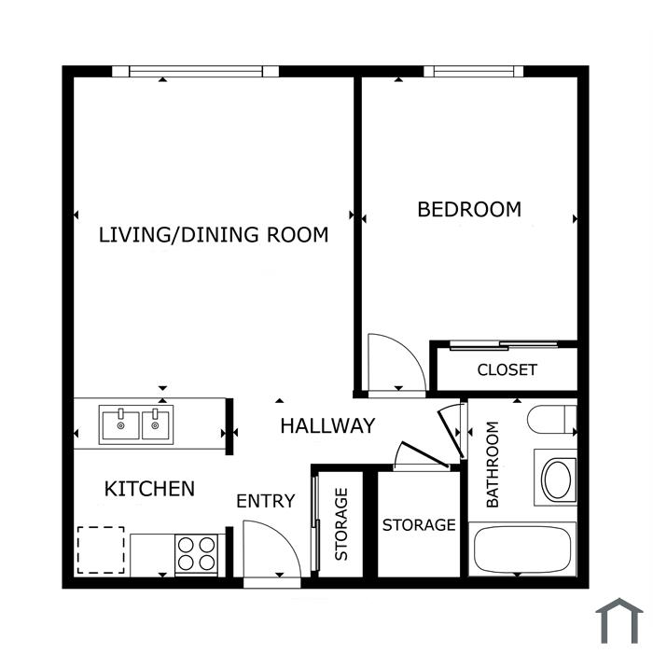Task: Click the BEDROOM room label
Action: [x=469, y=209]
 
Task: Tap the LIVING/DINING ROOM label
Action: [x=214, y=235]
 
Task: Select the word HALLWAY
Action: [x=327, y=425]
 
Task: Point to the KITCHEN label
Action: [x=149, y=489]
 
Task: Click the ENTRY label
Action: [x=266, y=501]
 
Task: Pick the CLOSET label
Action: [x=507, y=369]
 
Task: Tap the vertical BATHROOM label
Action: [x=493, y=465]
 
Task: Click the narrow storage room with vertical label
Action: [x=340, y=524]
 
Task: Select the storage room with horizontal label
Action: [x=419, y=524]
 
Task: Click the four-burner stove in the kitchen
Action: [x=196, y=554]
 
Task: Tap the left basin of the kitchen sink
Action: [x=120, y=425]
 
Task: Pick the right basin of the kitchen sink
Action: [x=156, y=425]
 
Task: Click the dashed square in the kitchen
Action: [x=101, y=550]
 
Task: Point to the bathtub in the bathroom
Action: [x=522, y=549]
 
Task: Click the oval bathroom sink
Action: [x=558, y=479]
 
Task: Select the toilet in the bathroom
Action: [x=552, y=419]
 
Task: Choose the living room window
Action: [x=195, y=71]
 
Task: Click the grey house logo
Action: [x=618, y=620]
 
